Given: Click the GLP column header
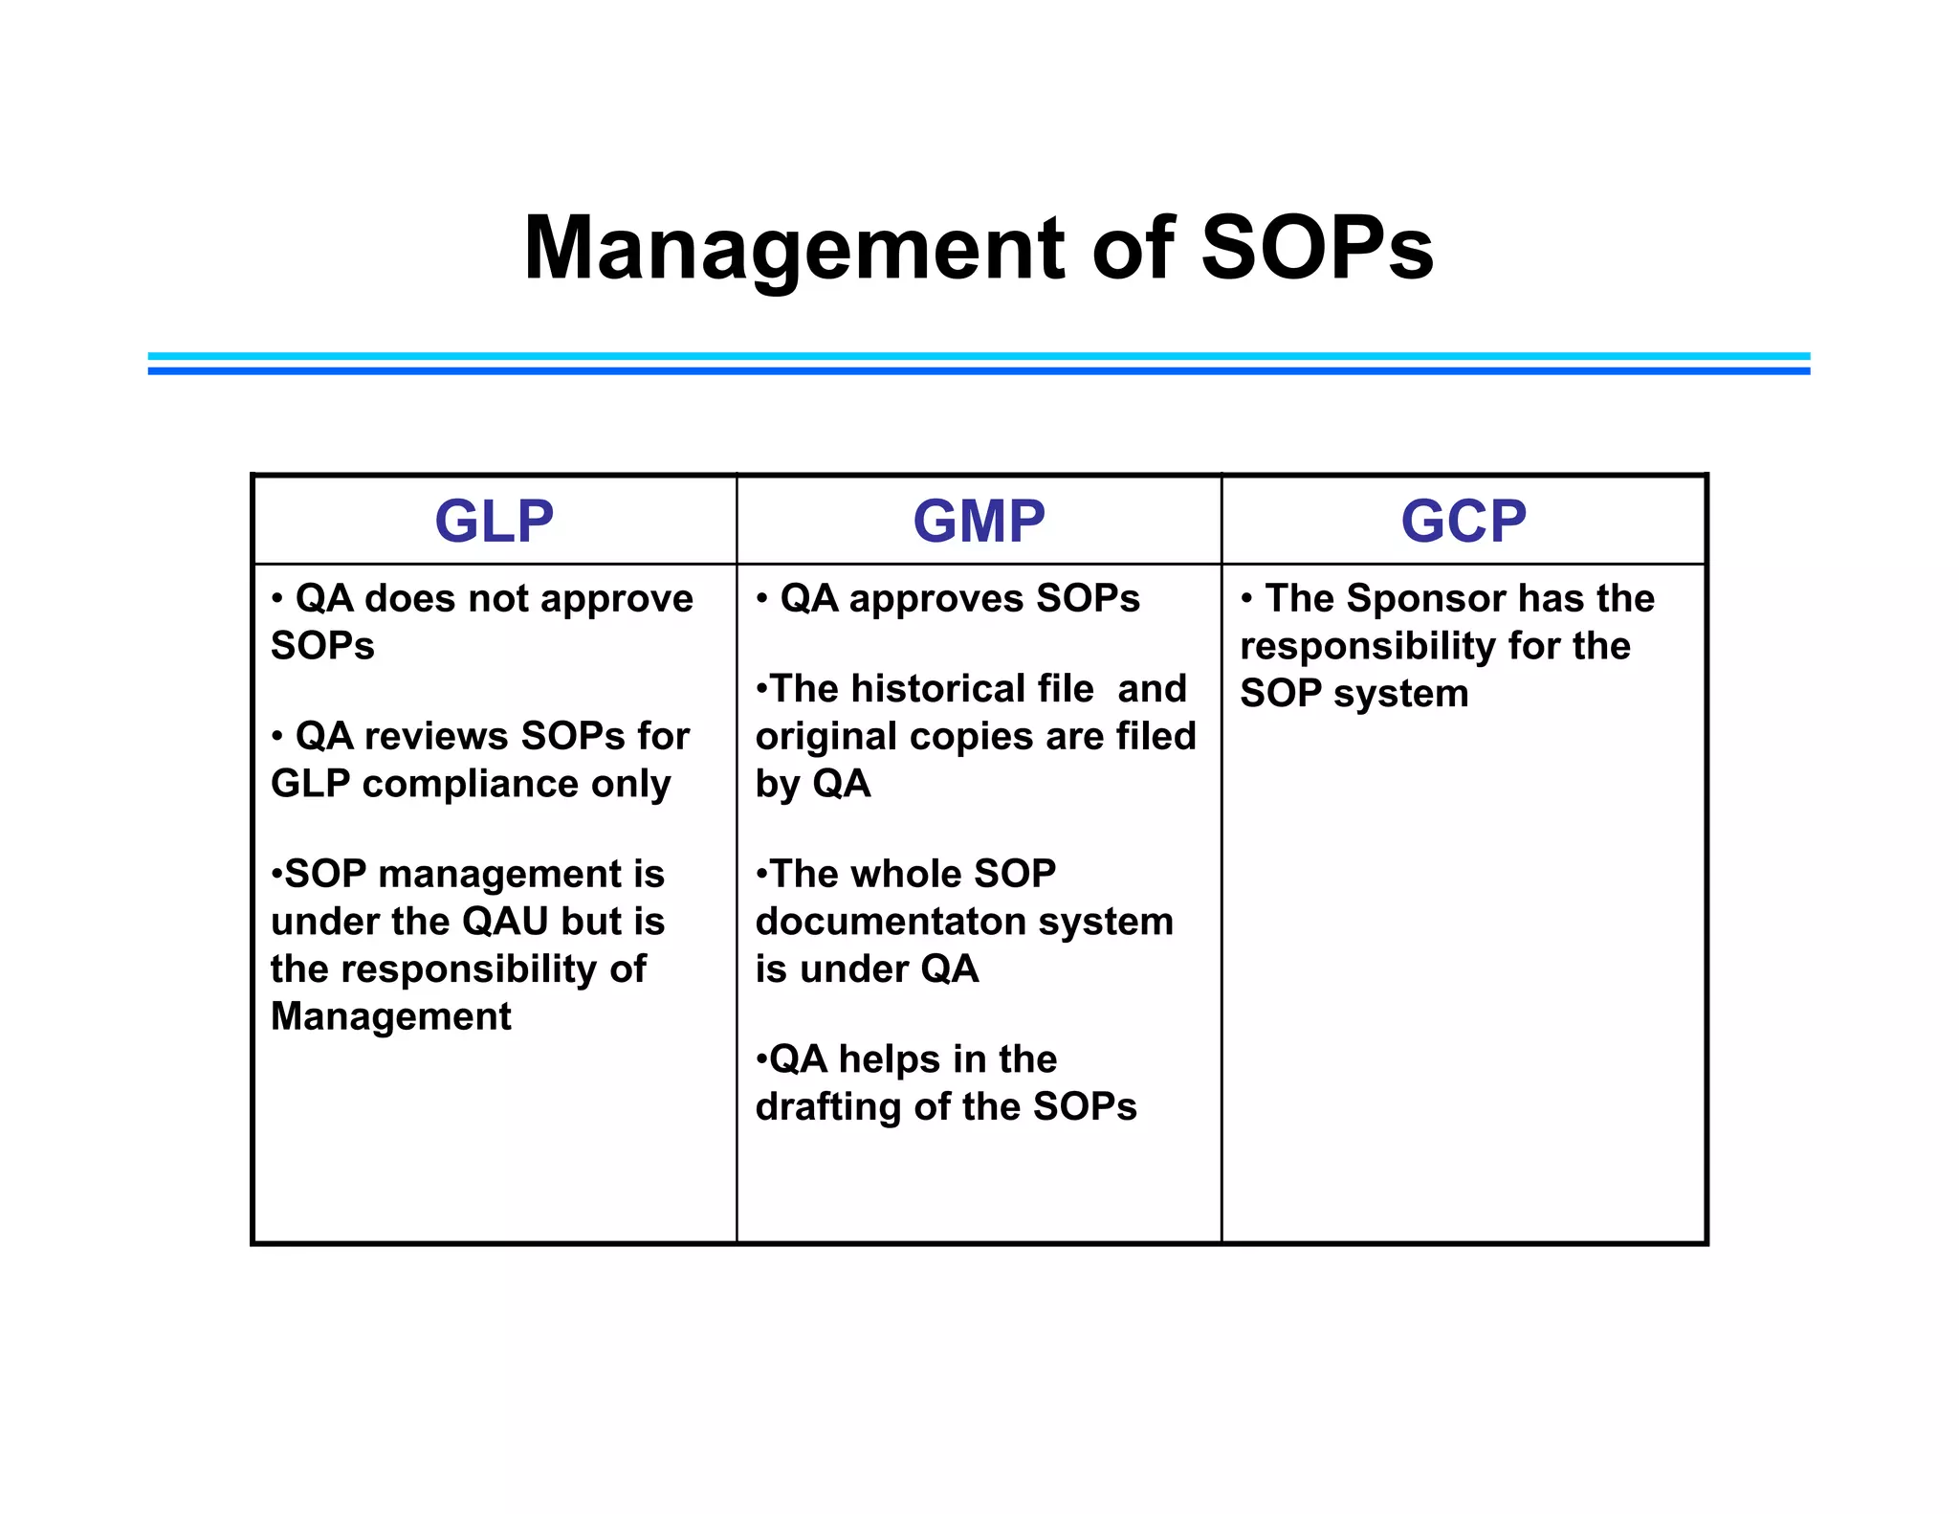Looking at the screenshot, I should click(x=494, y=522).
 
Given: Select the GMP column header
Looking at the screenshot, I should click(x=979, y=522).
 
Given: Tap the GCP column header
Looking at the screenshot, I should click(x=1464, y=522).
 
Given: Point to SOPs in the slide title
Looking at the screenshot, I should click(x=1316, y=249).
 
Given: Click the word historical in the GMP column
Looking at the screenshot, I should click(x=966, y=689).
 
